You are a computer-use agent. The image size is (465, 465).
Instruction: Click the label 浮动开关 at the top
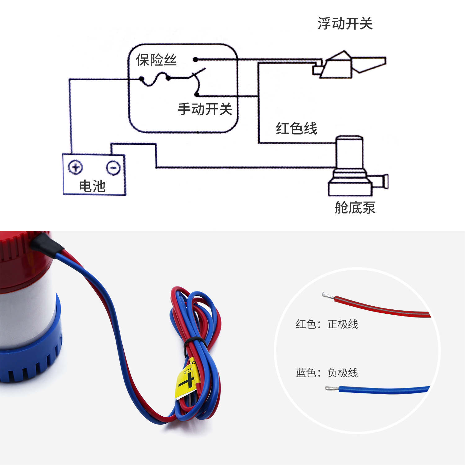click(345, 24)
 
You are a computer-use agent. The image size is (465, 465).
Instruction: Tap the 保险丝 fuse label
click(156, 60)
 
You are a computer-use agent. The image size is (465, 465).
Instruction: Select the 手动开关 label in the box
click(205, 109)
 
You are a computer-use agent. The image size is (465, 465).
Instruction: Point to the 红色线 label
click(296, 128)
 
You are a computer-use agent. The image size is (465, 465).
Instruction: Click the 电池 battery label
click(92, 186)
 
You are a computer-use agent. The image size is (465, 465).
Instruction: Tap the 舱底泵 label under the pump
click(355, 207)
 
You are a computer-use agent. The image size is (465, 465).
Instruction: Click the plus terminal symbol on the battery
click(75, 167)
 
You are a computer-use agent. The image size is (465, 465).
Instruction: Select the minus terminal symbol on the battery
click(113, 168)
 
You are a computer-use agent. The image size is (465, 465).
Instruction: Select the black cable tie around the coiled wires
click(194, 341)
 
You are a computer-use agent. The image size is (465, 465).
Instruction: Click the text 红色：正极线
click(327, 324)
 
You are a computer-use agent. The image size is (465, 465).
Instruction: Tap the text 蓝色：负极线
click(327, 373)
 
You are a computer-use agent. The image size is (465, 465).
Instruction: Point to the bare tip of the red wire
click(327, 295)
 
